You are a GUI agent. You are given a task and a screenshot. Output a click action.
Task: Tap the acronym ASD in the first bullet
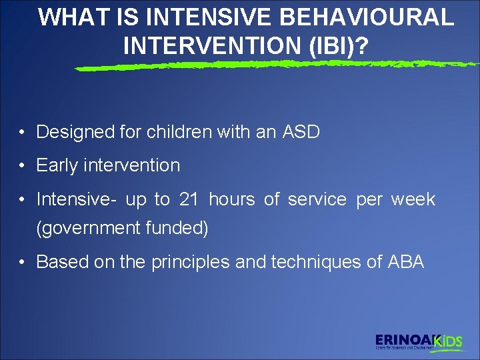(301, 132)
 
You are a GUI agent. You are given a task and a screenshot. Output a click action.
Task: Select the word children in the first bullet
(181, 132)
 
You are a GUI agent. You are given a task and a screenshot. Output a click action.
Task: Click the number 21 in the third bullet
(189, 199)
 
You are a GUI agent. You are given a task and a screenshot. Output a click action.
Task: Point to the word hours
(231, 199)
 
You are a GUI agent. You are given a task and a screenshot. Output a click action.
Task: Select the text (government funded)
(122, 229)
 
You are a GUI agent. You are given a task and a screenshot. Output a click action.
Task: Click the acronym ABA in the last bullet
(405, 262)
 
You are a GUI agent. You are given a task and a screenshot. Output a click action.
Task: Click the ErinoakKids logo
(419, 342)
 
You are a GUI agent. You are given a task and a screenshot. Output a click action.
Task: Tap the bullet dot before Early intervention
(23, 166)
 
